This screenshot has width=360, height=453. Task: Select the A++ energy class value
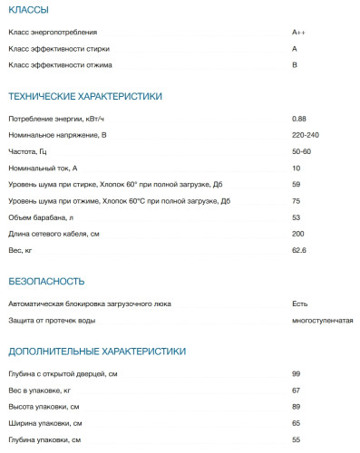tap(298, 32)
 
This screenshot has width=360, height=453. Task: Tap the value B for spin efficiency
tap(295, 65)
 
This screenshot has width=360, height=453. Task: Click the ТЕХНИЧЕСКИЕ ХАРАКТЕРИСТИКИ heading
tap(84, 95)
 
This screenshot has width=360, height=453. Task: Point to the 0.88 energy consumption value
tap(299, 119)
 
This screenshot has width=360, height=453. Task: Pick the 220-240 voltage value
tap(305, 135)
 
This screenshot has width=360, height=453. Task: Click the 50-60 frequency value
tap(301, 151)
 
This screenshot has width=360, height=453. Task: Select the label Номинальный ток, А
tap(43, 169)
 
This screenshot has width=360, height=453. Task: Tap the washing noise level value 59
tap(296, 185)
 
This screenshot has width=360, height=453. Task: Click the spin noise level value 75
tap(296, 201)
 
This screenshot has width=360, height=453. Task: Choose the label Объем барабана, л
tap(40, 218)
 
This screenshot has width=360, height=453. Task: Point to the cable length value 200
tap(297, 235)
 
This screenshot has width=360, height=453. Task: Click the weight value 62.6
tap(299, 251)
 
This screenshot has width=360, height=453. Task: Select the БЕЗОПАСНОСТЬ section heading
tap(46, 281)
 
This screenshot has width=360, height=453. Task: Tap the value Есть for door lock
tap(300, 304)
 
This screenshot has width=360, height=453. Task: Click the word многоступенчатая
tap(322, 321)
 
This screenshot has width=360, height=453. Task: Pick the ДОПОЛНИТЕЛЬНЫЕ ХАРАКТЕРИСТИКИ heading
tap(97, 351)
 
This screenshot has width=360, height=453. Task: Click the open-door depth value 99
tap(296, 374)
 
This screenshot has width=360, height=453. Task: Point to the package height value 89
tap(296, 407)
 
